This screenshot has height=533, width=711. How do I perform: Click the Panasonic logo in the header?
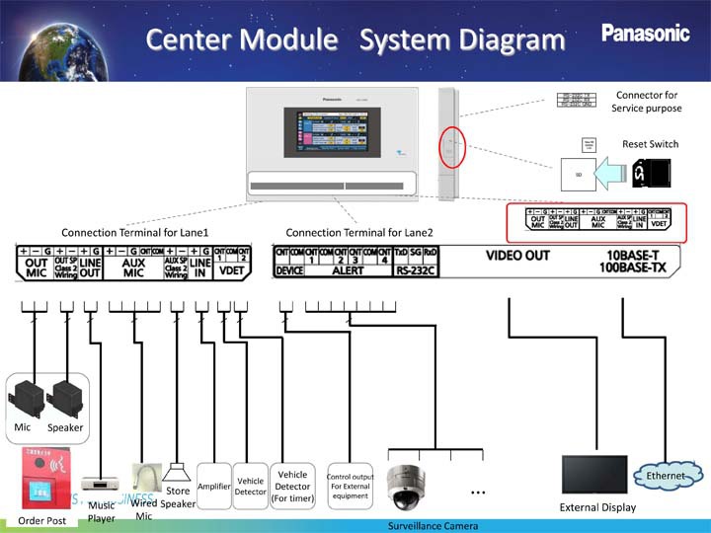tap(646, 34)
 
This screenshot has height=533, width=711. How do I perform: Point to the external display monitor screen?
tap(593, 475)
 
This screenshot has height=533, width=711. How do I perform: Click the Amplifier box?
tap(214, 487)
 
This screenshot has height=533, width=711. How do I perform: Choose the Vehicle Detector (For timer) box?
tap(293, 487)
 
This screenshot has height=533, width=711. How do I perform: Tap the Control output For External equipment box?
tap(350, 487)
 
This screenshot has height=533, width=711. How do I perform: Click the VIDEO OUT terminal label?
tap(517, 255)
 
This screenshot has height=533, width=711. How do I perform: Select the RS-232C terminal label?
tap(416, 269)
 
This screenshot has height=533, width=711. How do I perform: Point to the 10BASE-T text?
tap(638, 254)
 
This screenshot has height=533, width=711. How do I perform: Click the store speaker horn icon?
tap(177, 469)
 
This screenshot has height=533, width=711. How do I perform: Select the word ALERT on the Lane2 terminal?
tap(348, 269)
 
